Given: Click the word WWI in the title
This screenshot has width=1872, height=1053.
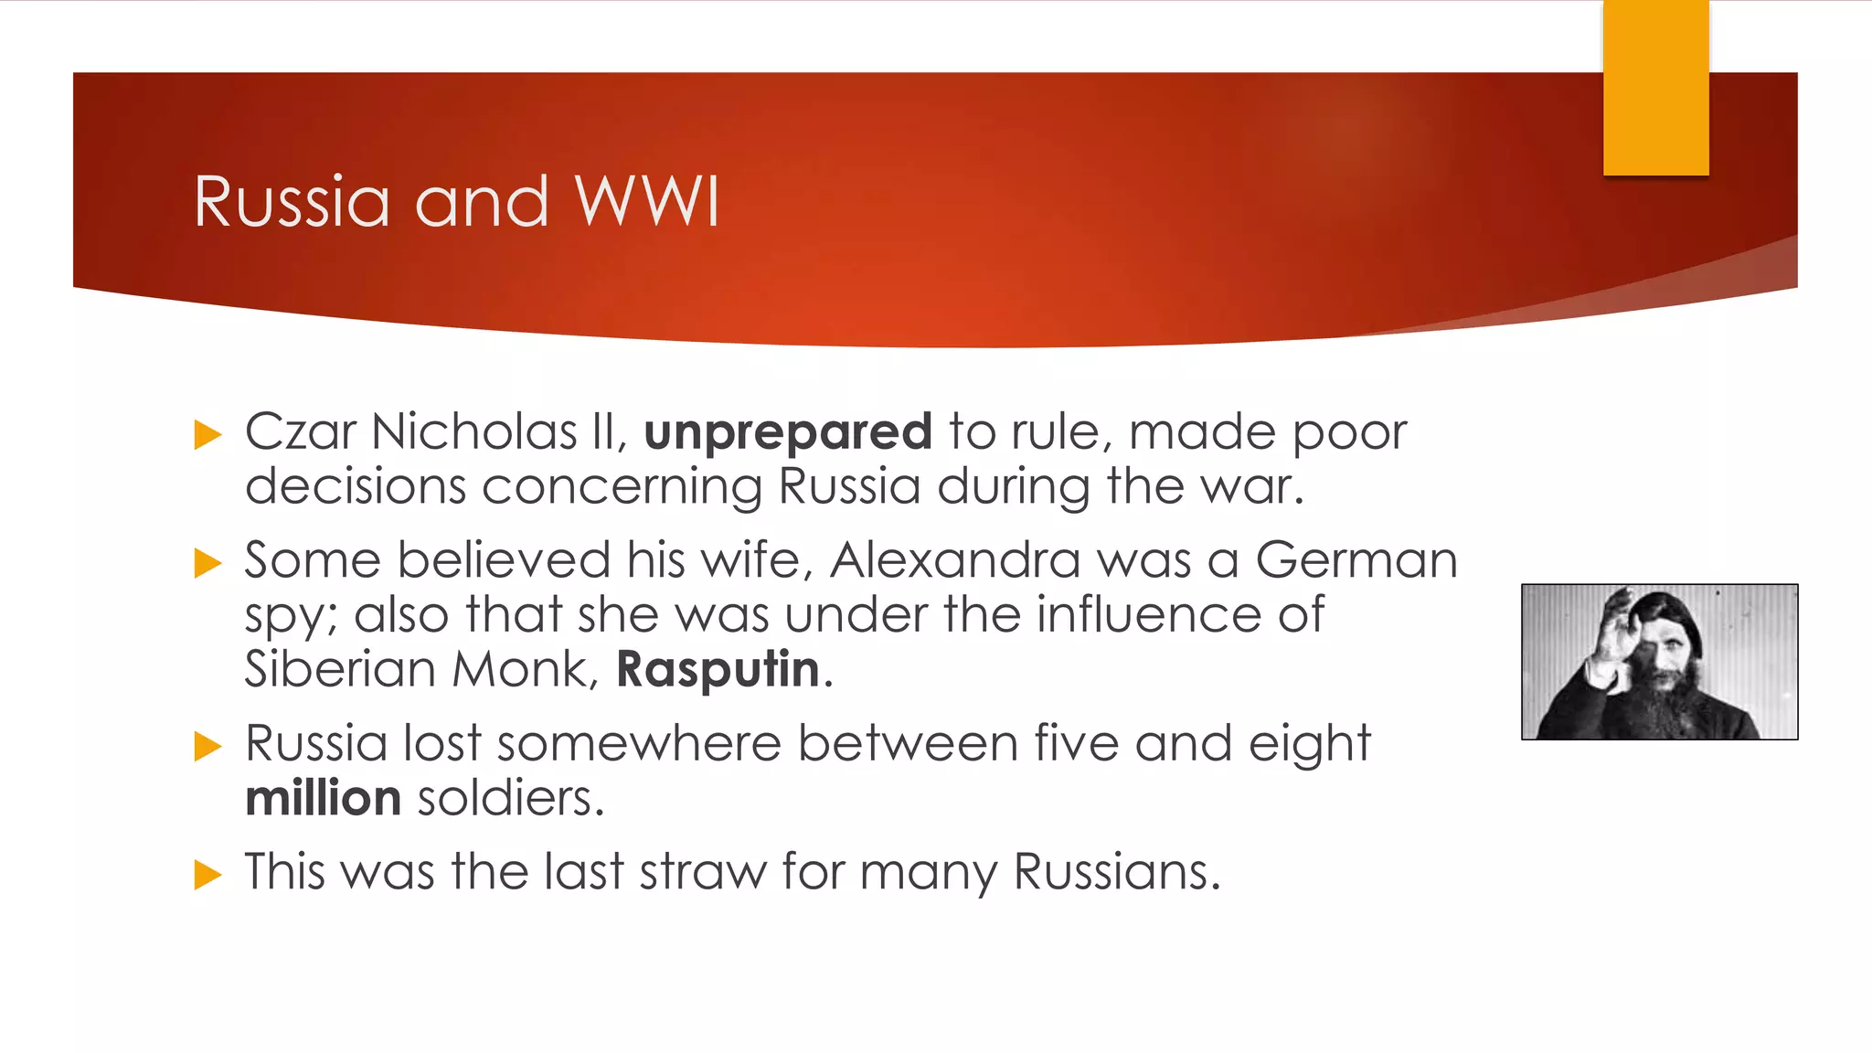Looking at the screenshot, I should coord(647,201).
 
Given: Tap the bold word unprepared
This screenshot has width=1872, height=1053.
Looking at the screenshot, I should coord(788,431).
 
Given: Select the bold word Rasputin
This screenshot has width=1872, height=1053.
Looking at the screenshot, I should coord(718,669).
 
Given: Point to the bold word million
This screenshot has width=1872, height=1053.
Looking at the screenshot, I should coord(324,798).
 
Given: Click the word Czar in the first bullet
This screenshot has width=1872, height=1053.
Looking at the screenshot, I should coord(300,431).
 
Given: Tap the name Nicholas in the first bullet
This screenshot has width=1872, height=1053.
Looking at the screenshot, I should coord(473,431).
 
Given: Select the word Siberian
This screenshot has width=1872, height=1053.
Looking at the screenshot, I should coord(340,669).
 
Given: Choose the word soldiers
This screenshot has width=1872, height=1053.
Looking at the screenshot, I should coord(510,798).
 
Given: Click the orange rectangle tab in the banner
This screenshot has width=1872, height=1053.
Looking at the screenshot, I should coord(1655,88).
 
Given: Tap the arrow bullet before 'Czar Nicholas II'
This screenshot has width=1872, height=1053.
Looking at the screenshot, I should coord(208,435).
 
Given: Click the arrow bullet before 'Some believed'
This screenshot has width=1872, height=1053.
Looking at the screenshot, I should coord(208,563).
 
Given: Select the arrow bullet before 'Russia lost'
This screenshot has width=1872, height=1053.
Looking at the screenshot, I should coord(208,747).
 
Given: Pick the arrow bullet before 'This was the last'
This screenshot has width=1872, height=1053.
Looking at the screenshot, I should coord(208,875).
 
